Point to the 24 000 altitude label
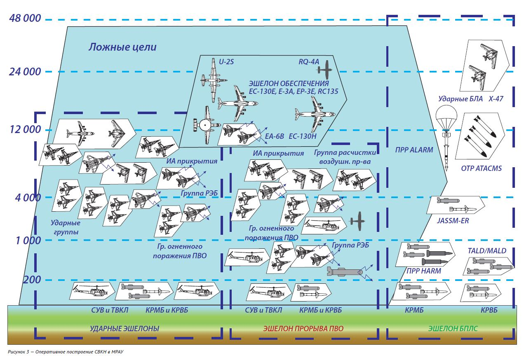[x=25, y=72]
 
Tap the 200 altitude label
[x=32, y=280]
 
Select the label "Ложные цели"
[x=122, y=47]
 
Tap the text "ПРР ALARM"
[x=414, y=150]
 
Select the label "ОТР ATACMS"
[x=481, y=168]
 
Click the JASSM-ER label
[x=453, y=221]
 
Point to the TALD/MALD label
[x=487, y=251]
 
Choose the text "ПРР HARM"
[x=423, y=271]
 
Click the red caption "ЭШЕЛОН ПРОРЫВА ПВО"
[x=303, y=329]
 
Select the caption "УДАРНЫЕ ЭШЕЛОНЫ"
[x=125, y=329]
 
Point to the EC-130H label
[x=303, y=136]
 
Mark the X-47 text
[x=496, y=99]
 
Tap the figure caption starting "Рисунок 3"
[x=66, y=353]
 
